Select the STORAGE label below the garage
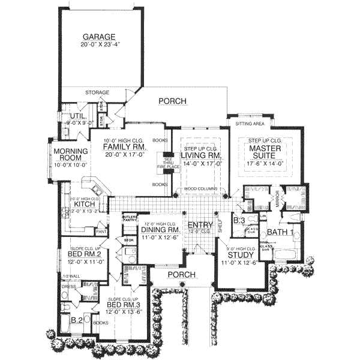coord(97,92)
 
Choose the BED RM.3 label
coord(123,305)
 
